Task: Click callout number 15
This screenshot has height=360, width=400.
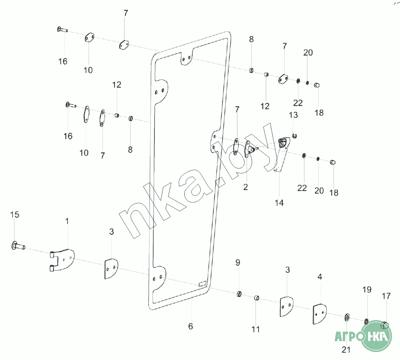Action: click(14, 215)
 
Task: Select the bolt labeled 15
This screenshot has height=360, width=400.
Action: click(18, 246)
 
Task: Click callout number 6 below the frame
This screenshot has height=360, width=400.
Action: click(191, 326)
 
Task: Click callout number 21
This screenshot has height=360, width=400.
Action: click(346, 350)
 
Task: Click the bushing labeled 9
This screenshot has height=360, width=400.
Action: click(238, 294)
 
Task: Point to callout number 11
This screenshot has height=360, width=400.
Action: click(256, 329)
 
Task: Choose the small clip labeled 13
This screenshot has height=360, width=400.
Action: click(294, 136)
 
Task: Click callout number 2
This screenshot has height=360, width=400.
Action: click(245, 187)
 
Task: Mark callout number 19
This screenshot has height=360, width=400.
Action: click(367, 289)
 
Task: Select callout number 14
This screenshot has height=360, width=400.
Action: click(279, 203)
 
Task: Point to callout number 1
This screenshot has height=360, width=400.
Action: click(67, 221)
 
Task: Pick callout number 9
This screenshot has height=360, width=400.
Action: click(238, 263)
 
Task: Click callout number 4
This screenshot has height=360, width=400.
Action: click(319, 277)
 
